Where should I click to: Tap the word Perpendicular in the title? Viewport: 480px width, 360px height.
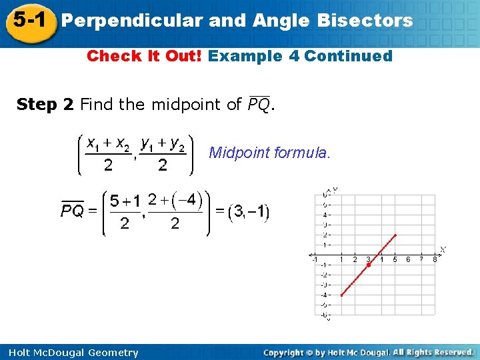131,21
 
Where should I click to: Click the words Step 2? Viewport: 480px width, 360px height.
45,104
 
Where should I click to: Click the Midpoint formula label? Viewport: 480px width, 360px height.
269,153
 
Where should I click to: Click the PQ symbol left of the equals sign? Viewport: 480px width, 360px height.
73,211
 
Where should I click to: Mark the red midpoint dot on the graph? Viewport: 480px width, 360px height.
369,265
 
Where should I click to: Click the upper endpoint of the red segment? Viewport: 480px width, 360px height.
396,235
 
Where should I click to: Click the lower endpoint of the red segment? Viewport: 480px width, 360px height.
341,295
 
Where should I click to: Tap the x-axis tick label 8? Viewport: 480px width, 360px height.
435,259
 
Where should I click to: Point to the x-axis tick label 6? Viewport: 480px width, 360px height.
408,259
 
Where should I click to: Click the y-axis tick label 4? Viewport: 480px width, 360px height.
324,215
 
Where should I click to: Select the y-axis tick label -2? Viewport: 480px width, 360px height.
323,275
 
